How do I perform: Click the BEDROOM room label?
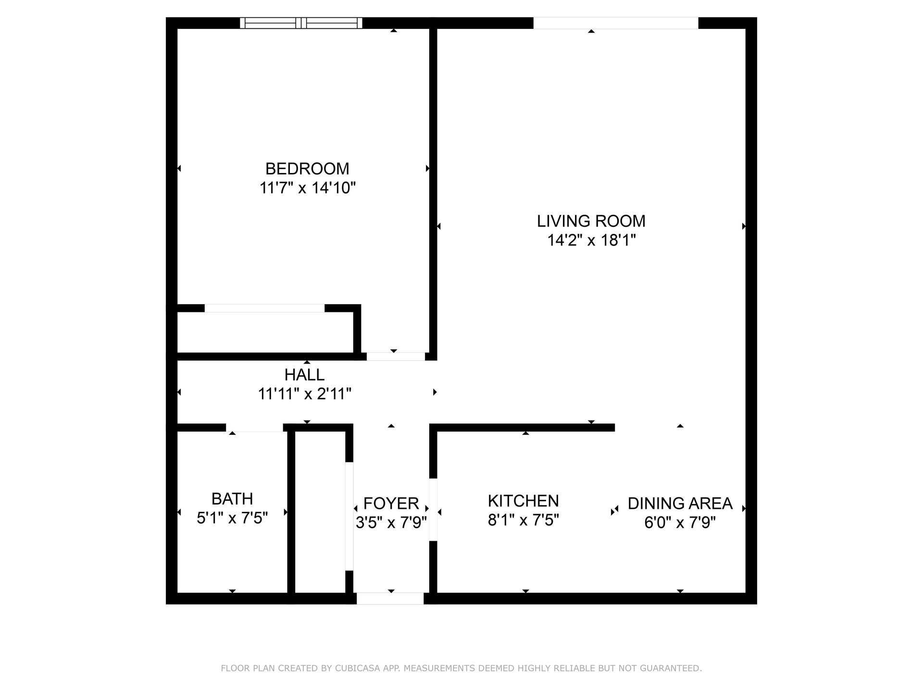pos(307,169)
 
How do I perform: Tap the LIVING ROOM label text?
pos(591,221)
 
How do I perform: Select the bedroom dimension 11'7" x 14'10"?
pos(307,188)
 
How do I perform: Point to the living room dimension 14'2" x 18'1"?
pos(591,240)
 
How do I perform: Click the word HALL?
pos(304,375)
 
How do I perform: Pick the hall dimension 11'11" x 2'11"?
pos(304,394)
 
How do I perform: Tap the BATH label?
pos(232,499)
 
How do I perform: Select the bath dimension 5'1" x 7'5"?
pos(232,518)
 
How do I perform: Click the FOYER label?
pos(391,504)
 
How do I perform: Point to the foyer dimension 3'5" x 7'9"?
pos(391,522)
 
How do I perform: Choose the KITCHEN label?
pos(523,501)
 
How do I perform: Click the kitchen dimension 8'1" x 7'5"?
pos(523,520)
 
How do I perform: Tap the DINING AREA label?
pos(680,504)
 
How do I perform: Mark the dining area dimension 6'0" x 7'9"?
pos(680,522)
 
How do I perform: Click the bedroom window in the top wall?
pos(301,23)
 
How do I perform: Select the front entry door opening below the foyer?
pos(390,598)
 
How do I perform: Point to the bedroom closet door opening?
pos(264,308)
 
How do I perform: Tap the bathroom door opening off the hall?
pos(254,428)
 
